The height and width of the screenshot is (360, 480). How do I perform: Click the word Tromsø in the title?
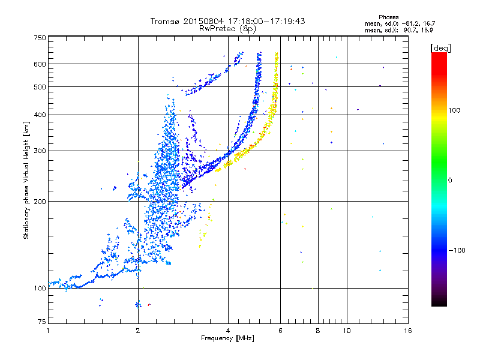[x=164, y=21]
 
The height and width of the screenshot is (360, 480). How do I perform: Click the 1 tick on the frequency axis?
[x=48, y=331]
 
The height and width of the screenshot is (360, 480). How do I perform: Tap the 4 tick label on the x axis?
[x=228, y=331]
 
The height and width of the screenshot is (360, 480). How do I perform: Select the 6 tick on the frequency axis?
[x=281, y=331]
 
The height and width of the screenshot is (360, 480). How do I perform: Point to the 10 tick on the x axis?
[x=346, y=331]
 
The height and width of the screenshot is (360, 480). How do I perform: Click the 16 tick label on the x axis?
[x=408, y=331]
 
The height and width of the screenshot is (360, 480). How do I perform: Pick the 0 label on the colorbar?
[x=450, y=180]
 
